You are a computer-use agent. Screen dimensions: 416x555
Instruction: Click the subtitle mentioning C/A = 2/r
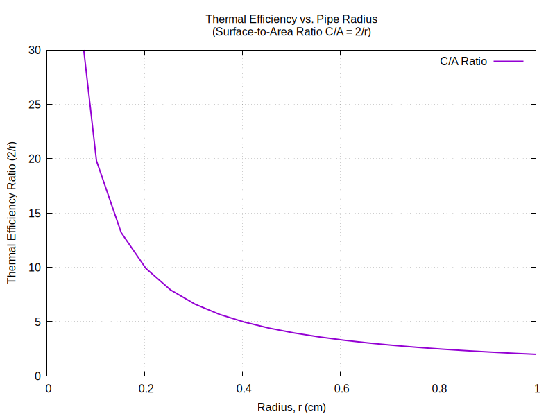tap(291, 31)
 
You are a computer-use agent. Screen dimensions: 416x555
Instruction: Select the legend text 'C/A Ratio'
tap(463, 61)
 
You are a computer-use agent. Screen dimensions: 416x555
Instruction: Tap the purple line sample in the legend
tap(509, 61)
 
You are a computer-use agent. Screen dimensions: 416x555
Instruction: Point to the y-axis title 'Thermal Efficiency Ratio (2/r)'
tap(12, 213)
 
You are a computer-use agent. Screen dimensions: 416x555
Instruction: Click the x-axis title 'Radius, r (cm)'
tap(291, 407)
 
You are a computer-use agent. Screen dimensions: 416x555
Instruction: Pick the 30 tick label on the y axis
tap(35, 51)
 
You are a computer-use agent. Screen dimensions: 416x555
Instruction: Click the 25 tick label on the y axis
tap(35, 105)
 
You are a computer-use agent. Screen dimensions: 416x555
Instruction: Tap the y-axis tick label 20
tap(35, 159)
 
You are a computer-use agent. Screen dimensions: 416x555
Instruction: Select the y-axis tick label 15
tap(35, 214)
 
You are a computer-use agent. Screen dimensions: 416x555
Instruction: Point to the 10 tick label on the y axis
tap(35, 268)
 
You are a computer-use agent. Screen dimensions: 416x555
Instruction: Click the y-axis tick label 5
tap(37, 322)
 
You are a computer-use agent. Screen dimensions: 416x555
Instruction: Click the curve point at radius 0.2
tap(146, 268)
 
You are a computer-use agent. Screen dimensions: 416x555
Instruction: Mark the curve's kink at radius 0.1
tap(96, 160)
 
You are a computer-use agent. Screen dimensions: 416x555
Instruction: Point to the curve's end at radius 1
tap(536, 354)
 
